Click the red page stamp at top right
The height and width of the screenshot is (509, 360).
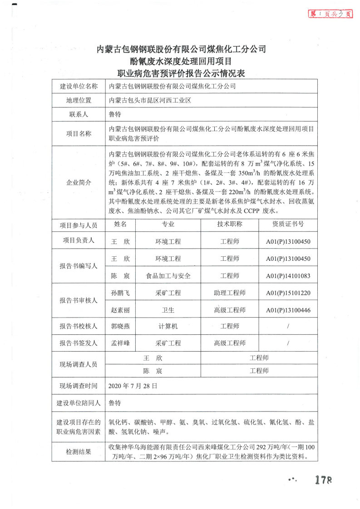tap(330, 14)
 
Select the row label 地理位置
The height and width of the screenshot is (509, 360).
tap(78, 101)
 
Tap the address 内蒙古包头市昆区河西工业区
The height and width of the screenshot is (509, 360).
tap(150, 101)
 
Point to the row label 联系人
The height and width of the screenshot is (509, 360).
tap(78, 115)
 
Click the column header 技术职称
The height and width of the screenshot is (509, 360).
tap(230, 224)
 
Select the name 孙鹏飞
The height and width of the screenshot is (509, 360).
tap(120, 293)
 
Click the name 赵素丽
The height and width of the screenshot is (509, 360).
tap(120, 310)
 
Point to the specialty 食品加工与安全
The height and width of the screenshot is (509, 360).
tap(168, 276)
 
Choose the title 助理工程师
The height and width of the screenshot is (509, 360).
tap(230, 293)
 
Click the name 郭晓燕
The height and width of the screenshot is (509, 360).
tap(120, 326)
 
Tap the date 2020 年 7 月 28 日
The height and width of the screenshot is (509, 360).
tap(133, 386)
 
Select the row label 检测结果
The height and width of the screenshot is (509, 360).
tap(78, 452)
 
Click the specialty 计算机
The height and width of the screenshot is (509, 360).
tap(168, 326)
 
